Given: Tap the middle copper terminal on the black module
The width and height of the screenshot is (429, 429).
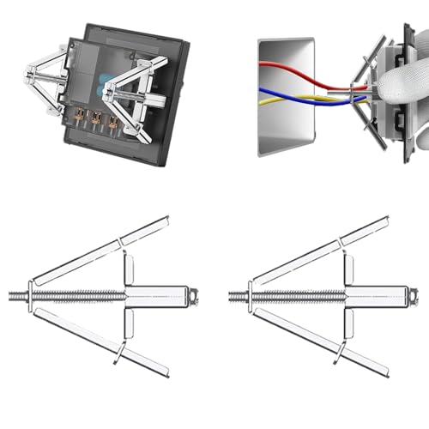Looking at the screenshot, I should tap(95, 119).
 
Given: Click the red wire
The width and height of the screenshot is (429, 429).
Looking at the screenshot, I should tap(292, 70).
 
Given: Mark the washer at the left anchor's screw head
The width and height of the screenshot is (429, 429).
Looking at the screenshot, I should tap(31, 296).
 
